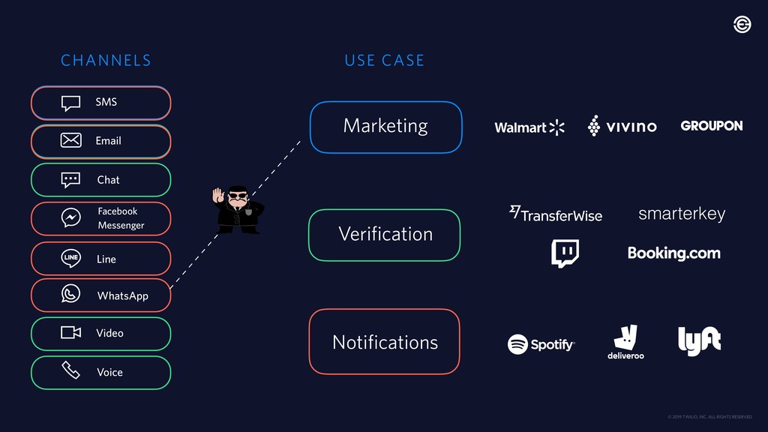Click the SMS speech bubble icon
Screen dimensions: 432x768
(70, 103)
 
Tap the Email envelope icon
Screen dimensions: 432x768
(70, 140)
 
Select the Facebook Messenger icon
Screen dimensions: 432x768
(70, 218)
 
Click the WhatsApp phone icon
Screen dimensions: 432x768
(70, 294)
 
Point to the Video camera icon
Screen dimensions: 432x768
(70, 332)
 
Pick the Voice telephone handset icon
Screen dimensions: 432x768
(70, 370)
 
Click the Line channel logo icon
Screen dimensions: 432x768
(70, 258)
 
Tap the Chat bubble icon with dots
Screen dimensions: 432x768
(70, 180)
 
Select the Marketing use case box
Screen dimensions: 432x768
(385, 127)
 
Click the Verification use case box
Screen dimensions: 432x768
(385, 235)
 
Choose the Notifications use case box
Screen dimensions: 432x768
(384, 342)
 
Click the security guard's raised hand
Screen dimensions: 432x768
(218, 195)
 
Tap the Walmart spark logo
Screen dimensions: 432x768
(556, 127)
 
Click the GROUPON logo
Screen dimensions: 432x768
(711, 126)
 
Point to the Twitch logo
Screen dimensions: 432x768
(564, 253)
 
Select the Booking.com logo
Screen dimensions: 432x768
(673, 253)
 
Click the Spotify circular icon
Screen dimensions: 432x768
(517, 344)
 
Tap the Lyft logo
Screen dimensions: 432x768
(699, 341)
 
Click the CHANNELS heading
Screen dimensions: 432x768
(106, 61)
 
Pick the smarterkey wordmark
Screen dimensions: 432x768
(681, 214)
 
